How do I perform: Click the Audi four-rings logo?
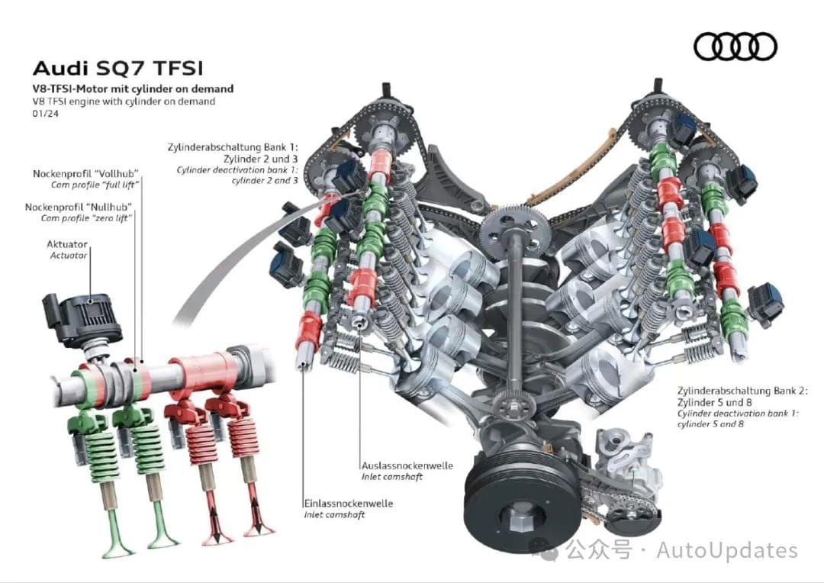pyautogui.click(x=735, y=47)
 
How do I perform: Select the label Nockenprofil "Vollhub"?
pyautogui.click(x=85, y=174)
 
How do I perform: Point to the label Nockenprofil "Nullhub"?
pyautogui.click(x=79, y=207)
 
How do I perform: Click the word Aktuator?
pyautogui.click(x=67, y=244)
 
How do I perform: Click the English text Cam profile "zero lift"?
pyautogui.click(x=86, y=218)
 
